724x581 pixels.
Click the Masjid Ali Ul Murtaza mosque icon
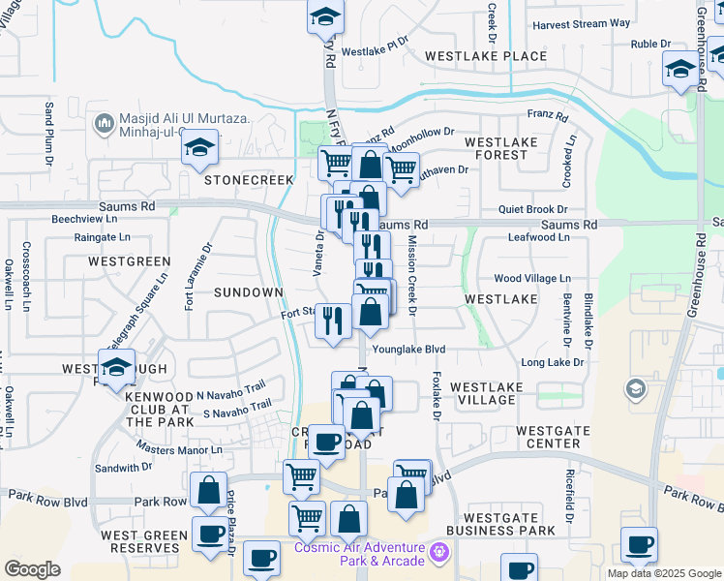tap(105, 124)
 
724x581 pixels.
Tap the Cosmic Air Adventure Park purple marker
tap(439, 553)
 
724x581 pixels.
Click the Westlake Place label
tap(486, 56)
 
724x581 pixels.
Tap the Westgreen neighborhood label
tap(129, 261)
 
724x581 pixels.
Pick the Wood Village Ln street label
tap(532, 279)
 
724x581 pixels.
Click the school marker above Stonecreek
tap(200, 148)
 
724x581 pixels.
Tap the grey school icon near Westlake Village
tap(636, 389)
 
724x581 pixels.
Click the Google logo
tap(32, 569)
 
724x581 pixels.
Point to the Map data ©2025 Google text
tap(663, 573)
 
